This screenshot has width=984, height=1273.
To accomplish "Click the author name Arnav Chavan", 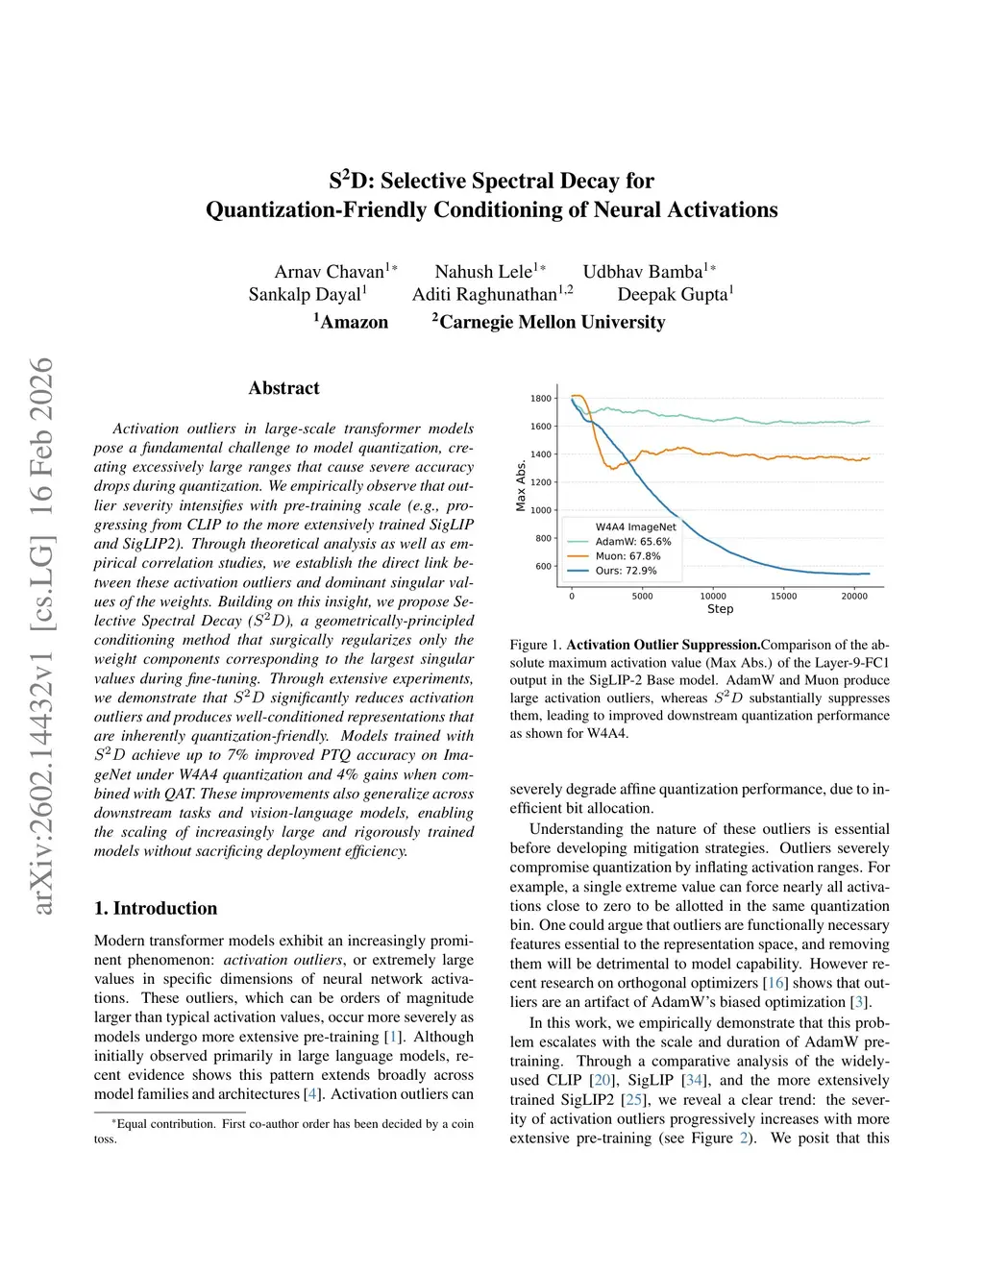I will pyautogui.click(x=330, y=272).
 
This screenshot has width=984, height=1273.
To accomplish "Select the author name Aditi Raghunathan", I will pyautogui.click(x=485, y=295).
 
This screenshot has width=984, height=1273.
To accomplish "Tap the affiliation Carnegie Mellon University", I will pyautogui.click(x=552, y=322).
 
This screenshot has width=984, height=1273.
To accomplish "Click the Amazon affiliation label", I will pyautogui.click(x=354, y=322).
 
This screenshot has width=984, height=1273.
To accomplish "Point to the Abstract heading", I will pyautogui.click(x=283, y=388).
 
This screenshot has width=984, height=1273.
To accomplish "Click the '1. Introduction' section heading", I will pyautogui.click(x=156, y=909).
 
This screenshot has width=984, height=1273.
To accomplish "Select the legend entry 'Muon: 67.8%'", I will pyautogui.click(x=627, y=556).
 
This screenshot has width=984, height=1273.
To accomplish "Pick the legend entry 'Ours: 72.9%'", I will pyautogui.click(x=626, y=571).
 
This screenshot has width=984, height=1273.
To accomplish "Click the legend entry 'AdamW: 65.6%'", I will pyautogui.click(x=633, y=542).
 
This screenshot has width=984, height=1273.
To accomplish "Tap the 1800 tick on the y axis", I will pyautogui.click(x=541, y=399).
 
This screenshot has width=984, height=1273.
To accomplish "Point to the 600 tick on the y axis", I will pyautogui.click(x=544, y=566).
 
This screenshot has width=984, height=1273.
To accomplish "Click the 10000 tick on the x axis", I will pyautogui.click(x=713, y=597).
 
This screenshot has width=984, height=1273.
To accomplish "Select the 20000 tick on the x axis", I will pyautogui.click(x=854, y=597).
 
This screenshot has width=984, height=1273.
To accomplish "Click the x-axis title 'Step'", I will pyautogui.click(x=720, y=609).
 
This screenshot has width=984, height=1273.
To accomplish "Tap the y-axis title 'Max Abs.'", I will pyautogui.click(x=521, y=485).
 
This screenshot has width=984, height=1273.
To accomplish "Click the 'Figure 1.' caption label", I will pyautogui.click(x=535, y=645).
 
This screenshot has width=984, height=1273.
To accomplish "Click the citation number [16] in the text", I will pyautogui.click(x=775, y=983).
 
